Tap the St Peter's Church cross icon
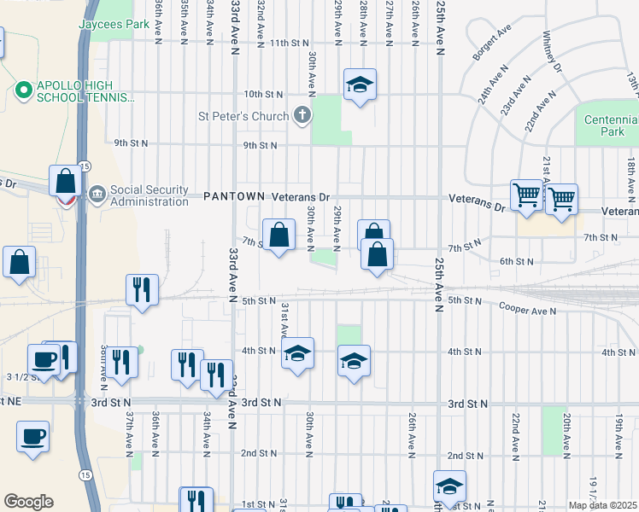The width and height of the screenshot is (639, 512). [301, 114]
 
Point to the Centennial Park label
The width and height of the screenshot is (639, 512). [610, 125]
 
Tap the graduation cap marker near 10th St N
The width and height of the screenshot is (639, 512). [360, 84]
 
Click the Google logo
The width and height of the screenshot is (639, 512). [28, 502]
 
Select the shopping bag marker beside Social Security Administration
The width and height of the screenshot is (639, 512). [66, 181]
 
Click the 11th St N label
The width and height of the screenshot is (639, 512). [289, 43]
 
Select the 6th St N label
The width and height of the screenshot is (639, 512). [517, 262]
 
